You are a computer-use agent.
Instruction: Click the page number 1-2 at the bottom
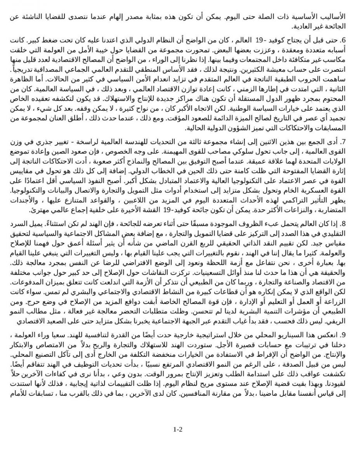[178, 429]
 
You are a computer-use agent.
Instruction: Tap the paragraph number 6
[342, 40]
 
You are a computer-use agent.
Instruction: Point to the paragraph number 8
[342, 224]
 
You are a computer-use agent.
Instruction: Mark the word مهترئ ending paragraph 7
[38, 210]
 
